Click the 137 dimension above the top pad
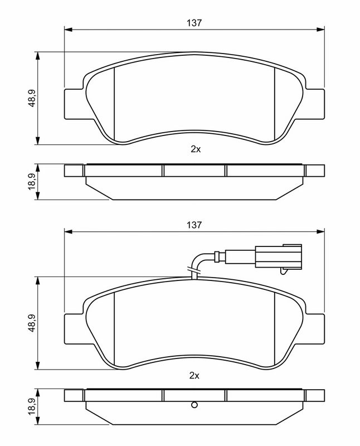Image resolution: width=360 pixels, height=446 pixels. (194, 23)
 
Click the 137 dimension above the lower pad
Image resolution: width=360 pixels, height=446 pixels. (194, 225)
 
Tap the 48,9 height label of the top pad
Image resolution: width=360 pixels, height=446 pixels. (32, 98)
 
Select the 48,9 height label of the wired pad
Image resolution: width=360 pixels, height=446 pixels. (32, 323)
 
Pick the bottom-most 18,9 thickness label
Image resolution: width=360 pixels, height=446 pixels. (32, 407)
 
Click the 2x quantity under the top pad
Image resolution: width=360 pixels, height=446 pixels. (196, 149)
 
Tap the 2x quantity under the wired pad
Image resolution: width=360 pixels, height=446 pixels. (194, 375)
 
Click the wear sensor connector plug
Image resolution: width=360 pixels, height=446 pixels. (278, 256)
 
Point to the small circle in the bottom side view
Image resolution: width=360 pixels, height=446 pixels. (194, 405)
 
